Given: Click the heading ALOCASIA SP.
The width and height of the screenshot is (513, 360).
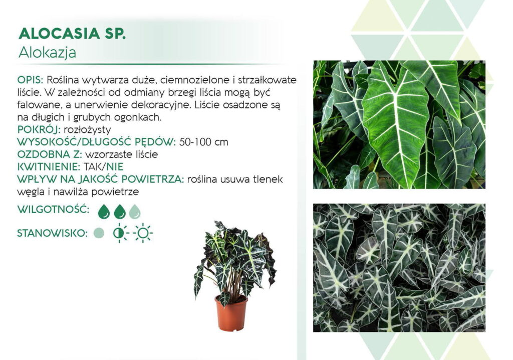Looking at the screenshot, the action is (x=72, y=34).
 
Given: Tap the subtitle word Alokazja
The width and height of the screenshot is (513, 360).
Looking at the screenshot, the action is (x=47, y=53).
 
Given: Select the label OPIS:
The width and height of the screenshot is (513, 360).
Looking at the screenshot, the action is (x=30, y=80).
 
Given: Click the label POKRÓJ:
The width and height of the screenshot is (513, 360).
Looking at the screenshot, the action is (x=39, y=129).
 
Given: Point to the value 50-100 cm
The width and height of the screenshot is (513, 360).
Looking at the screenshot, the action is (x=203, y=142).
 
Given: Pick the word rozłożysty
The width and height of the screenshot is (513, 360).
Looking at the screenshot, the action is (x=87, y=130).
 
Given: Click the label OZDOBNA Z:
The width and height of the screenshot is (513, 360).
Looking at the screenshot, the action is (x=50, y=154).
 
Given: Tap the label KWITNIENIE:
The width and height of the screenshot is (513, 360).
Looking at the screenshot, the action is (x=49, y=167).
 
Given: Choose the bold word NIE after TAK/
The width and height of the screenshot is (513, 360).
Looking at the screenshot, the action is (x=115, y=167).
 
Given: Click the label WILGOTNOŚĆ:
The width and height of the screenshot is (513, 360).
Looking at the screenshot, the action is (x=53, y=209).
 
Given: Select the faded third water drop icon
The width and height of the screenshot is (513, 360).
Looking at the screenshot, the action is (x=134, y=212).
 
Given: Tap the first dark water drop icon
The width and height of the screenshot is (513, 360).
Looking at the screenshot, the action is (x=104, y=212).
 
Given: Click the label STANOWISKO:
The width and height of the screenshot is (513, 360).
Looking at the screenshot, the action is (x=52, y=233).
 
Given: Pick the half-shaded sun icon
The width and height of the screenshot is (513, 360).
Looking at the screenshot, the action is (x=120, y=233).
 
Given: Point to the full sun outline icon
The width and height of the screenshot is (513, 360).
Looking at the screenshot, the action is (x=143, y=233).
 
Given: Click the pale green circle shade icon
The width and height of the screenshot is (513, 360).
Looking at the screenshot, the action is (x=99, y=233).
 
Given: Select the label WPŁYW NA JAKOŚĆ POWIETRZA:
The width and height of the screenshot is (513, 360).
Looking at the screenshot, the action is (x=101, y=179).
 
